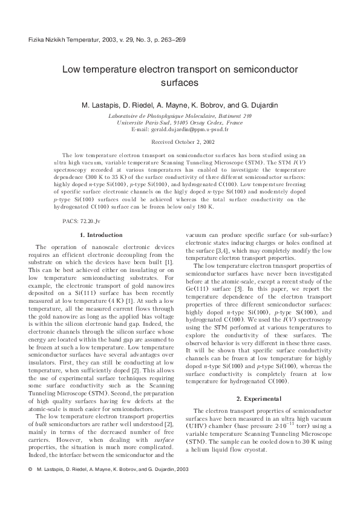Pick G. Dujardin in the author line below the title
[261, 105]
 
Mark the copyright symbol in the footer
[30, 486]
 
